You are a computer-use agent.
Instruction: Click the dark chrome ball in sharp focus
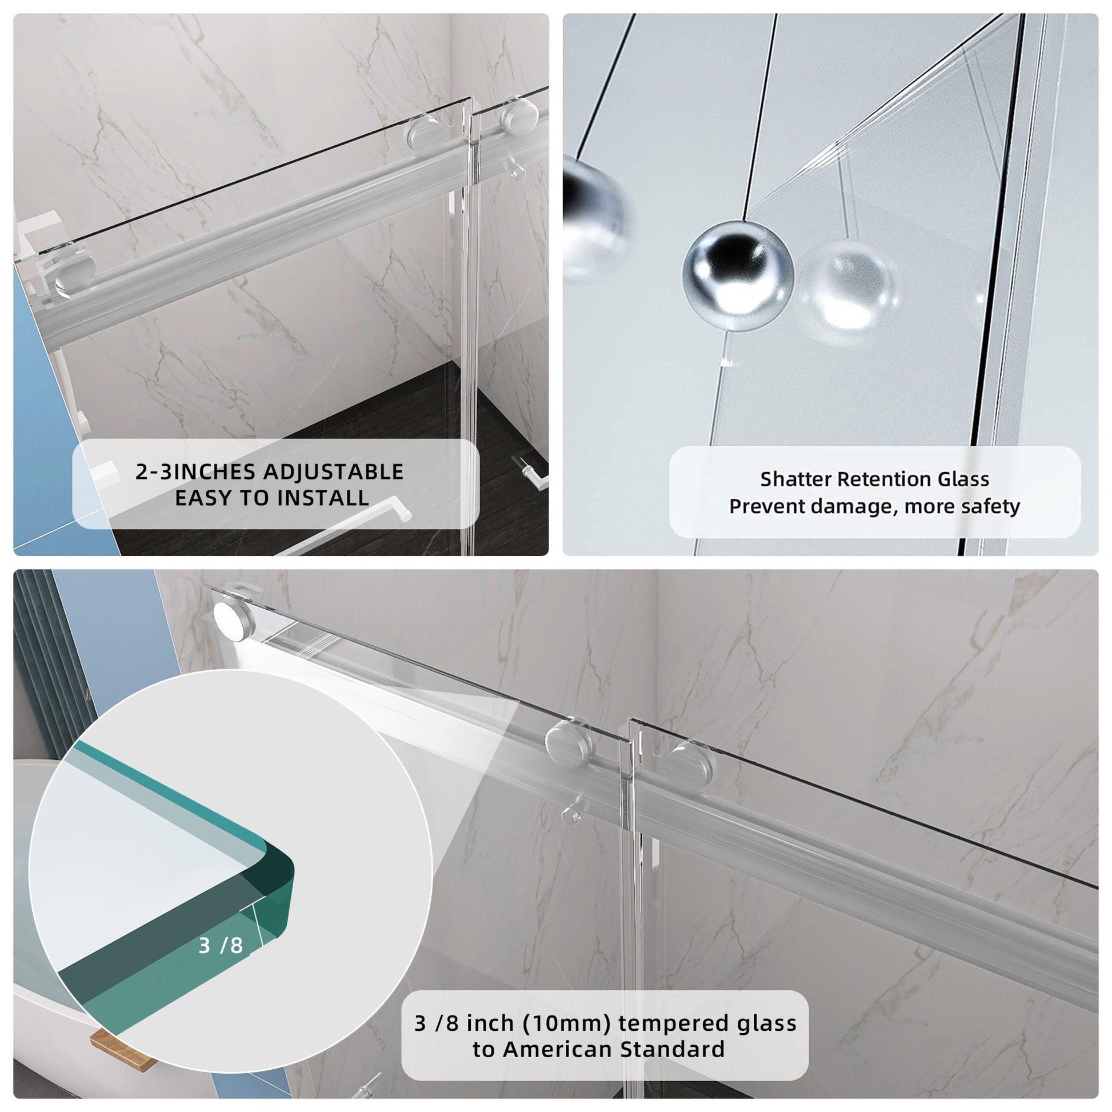(738, 275)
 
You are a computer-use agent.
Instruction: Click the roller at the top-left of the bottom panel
(233, 617)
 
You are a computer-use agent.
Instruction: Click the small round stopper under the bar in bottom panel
(572, 813)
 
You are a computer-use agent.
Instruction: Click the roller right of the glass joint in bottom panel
(690, 762)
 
